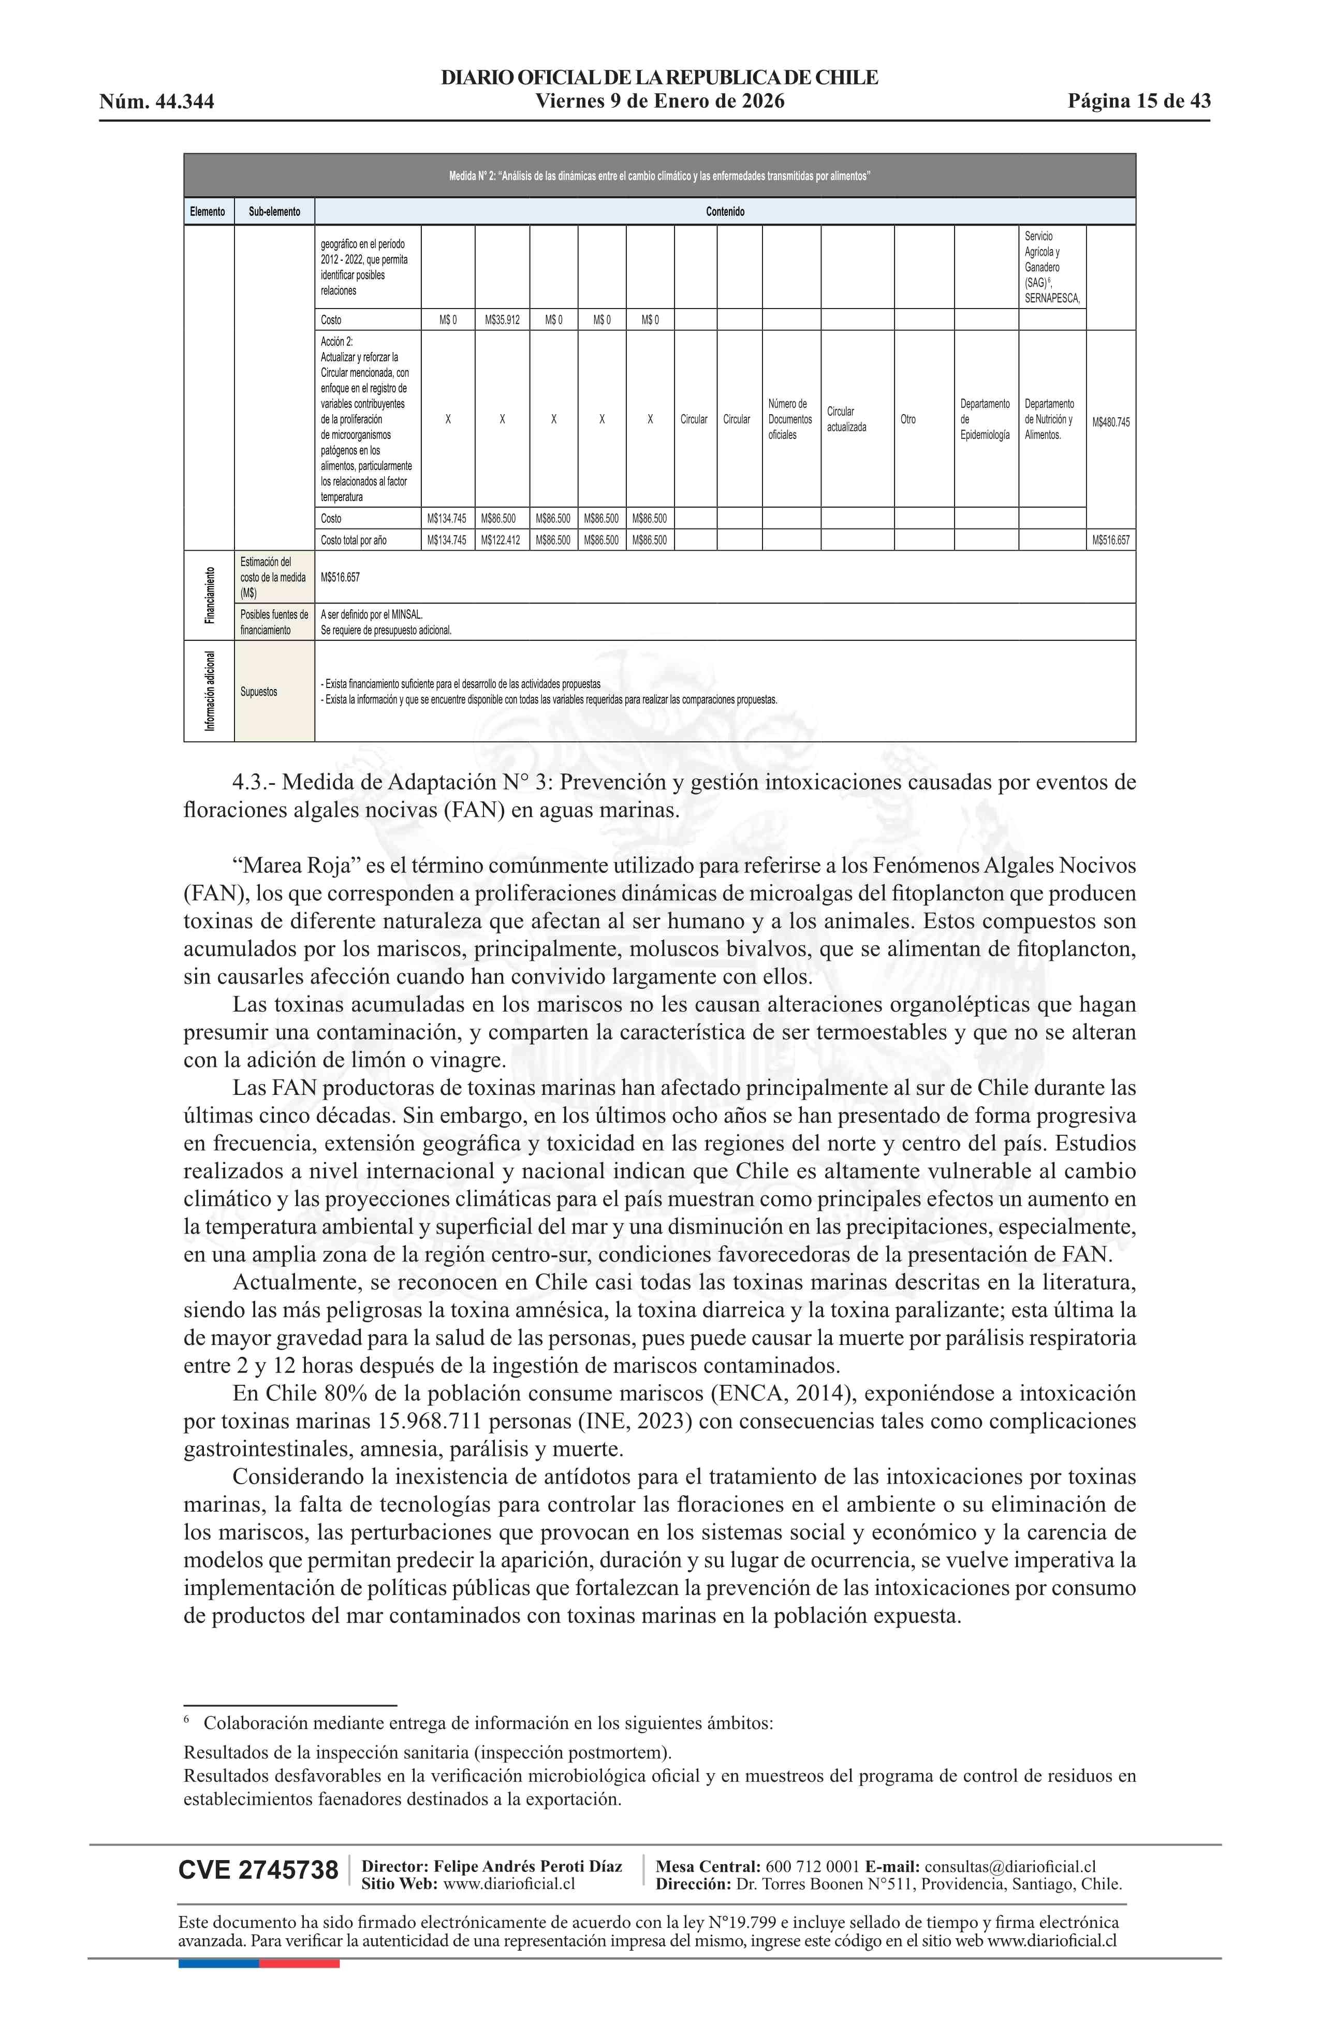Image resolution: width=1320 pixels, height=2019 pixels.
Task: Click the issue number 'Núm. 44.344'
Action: [x=156, y=102]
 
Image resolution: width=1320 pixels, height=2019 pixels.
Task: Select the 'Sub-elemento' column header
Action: [x=274, y=211]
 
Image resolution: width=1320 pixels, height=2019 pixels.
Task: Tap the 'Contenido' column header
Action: [x=725, y=211]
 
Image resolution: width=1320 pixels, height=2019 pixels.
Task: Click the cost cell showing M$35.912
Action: [x=502, y=320]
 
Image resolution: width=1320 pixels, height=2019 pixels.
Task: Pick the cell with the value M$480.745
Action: [x=1110, y=421]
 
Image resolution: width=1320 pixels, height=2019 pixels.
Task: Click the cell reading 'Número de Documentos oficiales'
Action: [x=790, y=419]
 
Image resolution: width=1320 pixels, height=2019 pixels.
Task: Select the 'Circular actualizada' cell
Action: [x=847, y=419]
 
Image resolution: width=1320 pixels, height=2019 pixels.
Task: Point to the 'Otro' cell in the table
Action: [x=908, y=419]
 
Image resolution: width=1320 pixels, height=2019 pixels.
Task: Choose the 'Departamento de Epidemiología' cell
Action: [x=985, y=419]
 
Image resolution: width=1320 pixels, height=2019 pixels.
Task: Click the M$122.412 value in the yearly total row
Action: [x=502, y=539]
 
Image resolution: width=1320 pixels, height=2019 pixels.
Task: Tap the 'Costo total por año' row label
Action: [x=354, y=539]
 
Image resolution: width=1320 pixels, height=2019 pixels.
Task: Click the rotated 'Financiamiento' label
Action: [x=209, y=595]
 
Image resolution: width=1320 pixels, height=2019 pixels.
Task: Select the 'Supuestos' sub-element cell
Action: [x=259, y=692]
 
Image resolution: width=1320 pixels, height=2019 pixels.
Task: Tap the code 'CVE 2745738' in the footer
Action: [x=258, y=1870]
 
